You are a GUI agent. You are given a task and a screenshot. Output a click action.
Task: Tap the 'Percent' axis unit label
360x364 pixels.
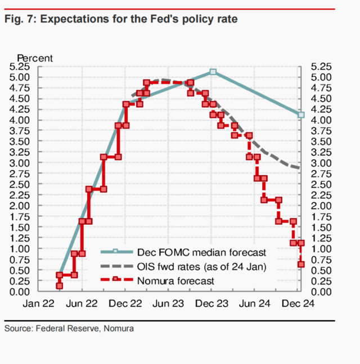[x=35, y=58]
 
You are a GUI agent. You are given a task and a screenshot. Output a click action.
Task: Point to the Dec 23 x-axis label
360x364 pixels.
[x=213, y=303]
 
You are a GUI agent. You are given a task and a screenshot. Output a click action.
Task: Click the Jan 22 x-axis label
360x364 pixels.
[x=39, y=303]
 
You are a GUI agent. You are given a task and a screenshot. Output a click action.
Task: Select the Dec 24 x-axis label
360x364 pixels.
[x=298, y=303]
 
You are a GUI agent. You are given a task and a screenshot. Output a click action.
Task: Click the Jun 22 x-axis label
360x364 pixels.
[x=82, y=303]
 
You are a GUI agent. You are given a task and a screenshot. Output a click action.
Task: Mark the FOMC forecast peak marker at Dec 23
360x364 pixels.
[x=213, y=72]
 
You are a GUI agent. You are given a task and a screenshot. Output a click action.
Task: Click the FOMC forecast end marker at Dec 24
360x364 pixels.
[x=301, y=115]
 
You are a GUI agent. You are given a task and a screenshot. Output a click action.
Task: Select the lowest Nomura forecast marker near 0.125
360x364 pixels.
[x=59, y=286]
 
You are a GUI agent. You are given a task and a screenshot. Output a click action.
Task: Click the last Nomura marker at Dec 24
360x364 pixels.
[x=301, y=264]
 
